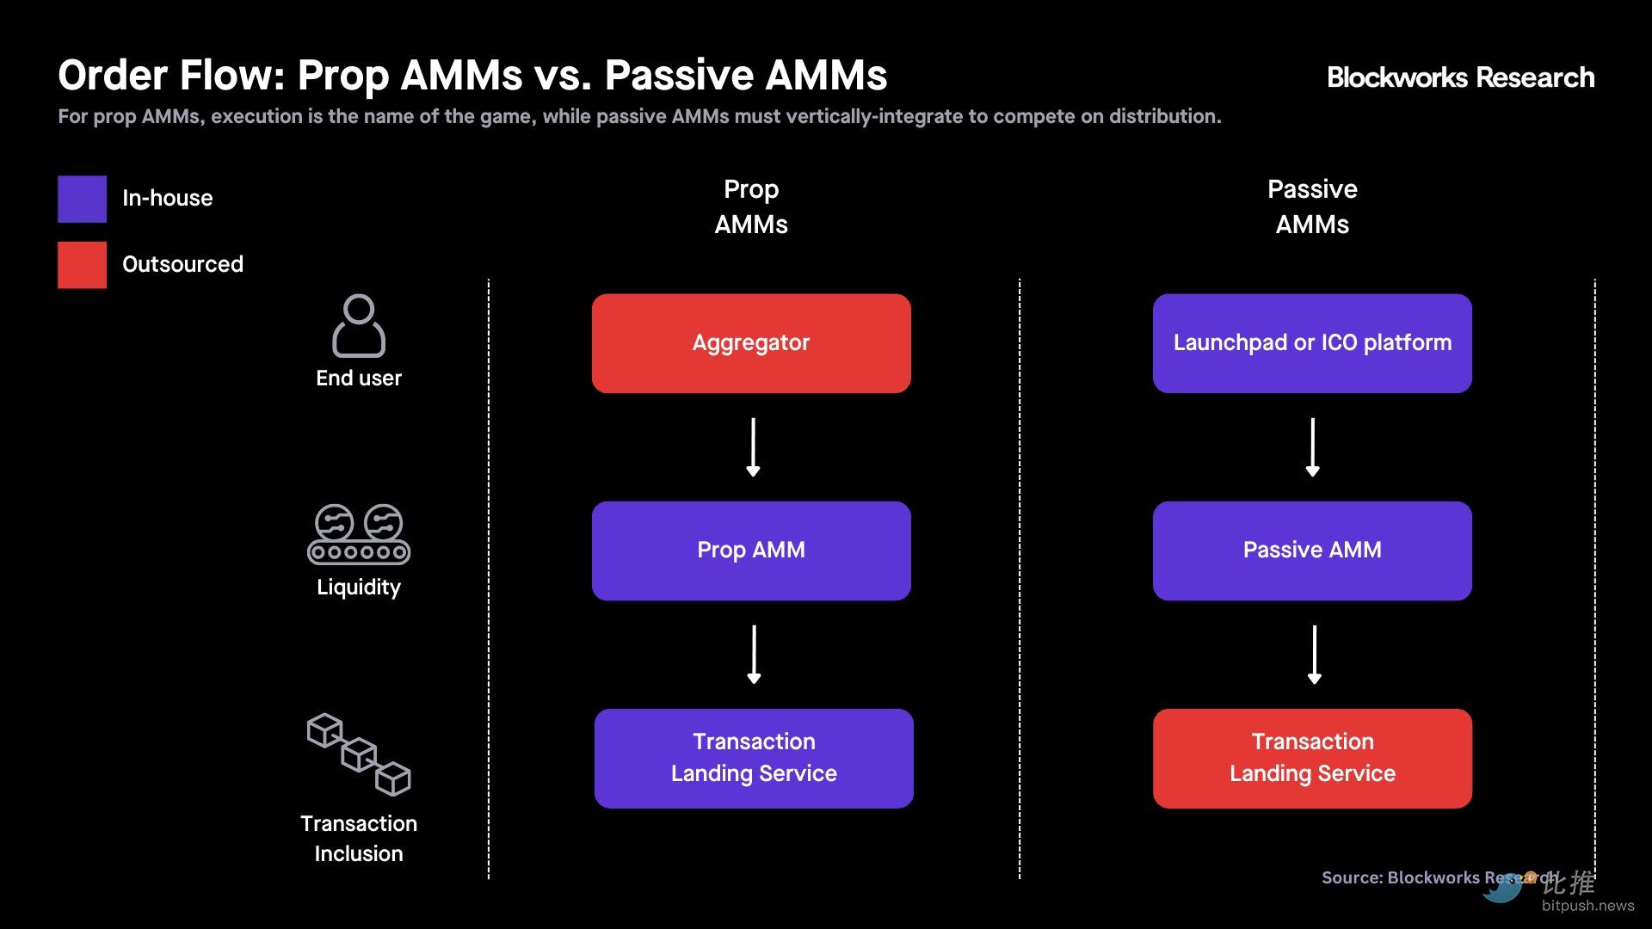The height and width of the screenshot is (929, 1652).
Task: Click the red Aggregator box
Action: (751, 343)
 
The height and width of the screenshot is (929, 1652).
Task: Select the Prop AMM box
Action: (751, 551)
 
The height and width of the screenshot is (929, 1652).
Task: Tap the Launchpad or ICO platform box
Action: (1312, 343)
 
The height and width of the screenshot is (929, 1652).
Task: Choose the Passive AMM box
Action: (1312, 551)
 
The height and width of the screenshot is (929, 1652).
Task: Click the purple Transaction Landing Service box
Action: (754, 758)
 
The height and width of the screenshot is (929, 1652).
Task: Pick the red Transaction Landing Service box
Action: (1312, 758)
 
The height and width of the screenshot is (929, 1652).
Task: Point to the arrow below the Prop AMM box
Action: (754, 655)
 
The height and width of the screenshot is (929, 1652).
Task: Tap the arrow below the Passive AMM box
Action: (1314, 655)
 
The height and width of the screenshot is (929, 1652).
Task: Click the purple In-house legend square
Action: (83, 199)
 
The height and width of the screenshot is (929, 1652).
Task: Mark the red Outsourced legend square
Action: (83, 265)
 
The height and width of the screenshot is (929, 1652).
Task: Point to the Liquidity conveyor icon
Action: (359, 534)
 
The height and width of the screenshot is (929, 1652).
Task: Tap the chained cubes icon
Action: (359, 754)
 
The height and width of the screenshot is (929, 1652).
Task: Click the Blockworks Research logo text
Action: (1460, 77)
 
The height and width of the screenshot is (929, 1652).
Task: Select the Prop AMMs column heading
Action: (751, 206)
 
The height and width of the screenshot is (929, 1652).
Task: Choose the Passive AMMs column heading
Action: (1312, 206)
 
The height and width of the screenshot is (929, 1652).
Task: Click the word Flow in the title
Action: (232, 76)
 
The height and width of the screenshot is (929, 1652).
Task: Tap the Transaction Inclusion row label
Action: (359, 838)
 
